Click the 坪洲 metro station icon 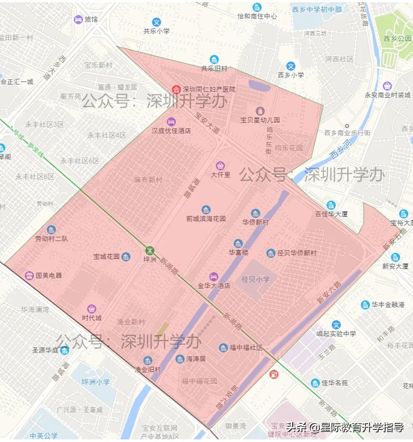pos(150,250)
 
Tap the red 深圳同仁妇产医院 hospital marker pos(176,89)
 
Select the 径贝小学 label pos(255,279)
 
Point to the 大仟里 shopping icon pos(220,166)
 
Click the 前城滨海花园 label pos(206,219)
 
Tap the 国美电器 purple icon pos(29,275)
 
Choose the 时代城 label pos(92,318)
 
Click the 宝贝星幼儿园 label pos(260,120)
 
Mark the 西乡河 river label pos(340,149)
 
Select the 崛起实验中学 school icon pos(336,325)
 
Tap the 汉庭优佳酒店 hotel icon pos(171,121)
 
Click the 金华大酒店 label pos(214,285)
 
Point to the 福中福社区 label pos(246,348)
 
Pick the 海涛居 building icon pos(180,359)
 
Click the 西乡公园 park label pos(397,38)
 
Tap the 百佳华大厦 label pos(331,214)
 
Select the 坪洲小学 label pos(96,382)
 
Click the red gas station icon pos(274,374)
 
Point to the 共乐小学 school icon pos(156,22)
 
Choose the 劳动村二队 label pos(51,239)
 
